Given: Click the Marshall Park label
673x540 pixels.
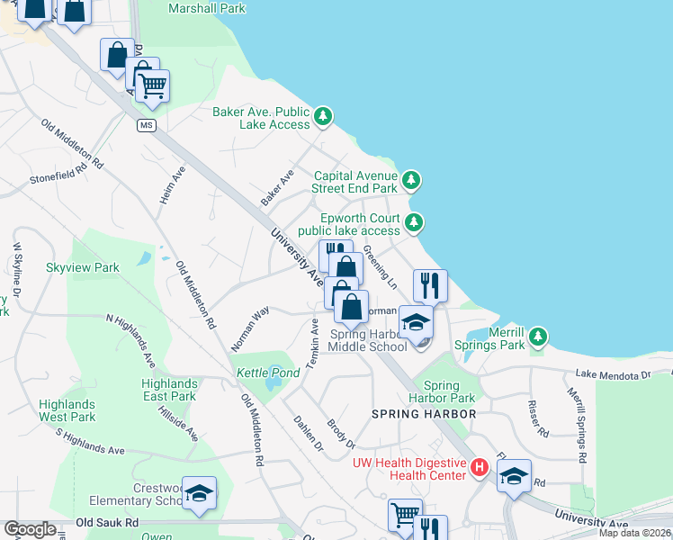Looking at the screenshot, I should pyautogui.click(x=207, y=9).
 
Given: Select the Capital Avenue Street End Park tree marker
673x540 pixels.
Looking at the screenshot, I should pyautogui.click(x=411, y=182).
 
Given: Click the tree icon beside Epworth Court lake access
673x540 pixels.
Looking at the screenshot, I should pyautogui.click(x=414, y=222).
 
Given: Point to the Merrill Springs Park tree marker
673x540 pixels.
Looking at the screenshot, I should pyautogui.click(x=538, y=337).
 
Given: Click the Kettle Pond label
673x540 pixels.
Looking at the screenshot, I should pyautogui.click(x=256, y=373).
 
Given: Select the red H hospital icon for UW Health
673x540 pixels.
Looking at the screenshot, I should pyautogui.click(x=480, y=467).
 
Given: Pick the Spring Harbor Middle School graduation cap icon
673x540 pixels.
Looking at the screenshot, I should pyautogui.click(x=416, y=322).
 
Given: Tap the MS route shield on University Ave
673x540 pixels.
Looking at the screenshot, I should pyautogui.click(x=146, y=125).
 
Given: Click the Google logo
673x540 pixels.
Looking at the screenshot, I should pyautogui.click(x=30, y=529).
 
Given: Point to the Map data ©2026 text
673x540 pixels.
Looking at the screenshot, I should pyautogui.click(x=634, y=533).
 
